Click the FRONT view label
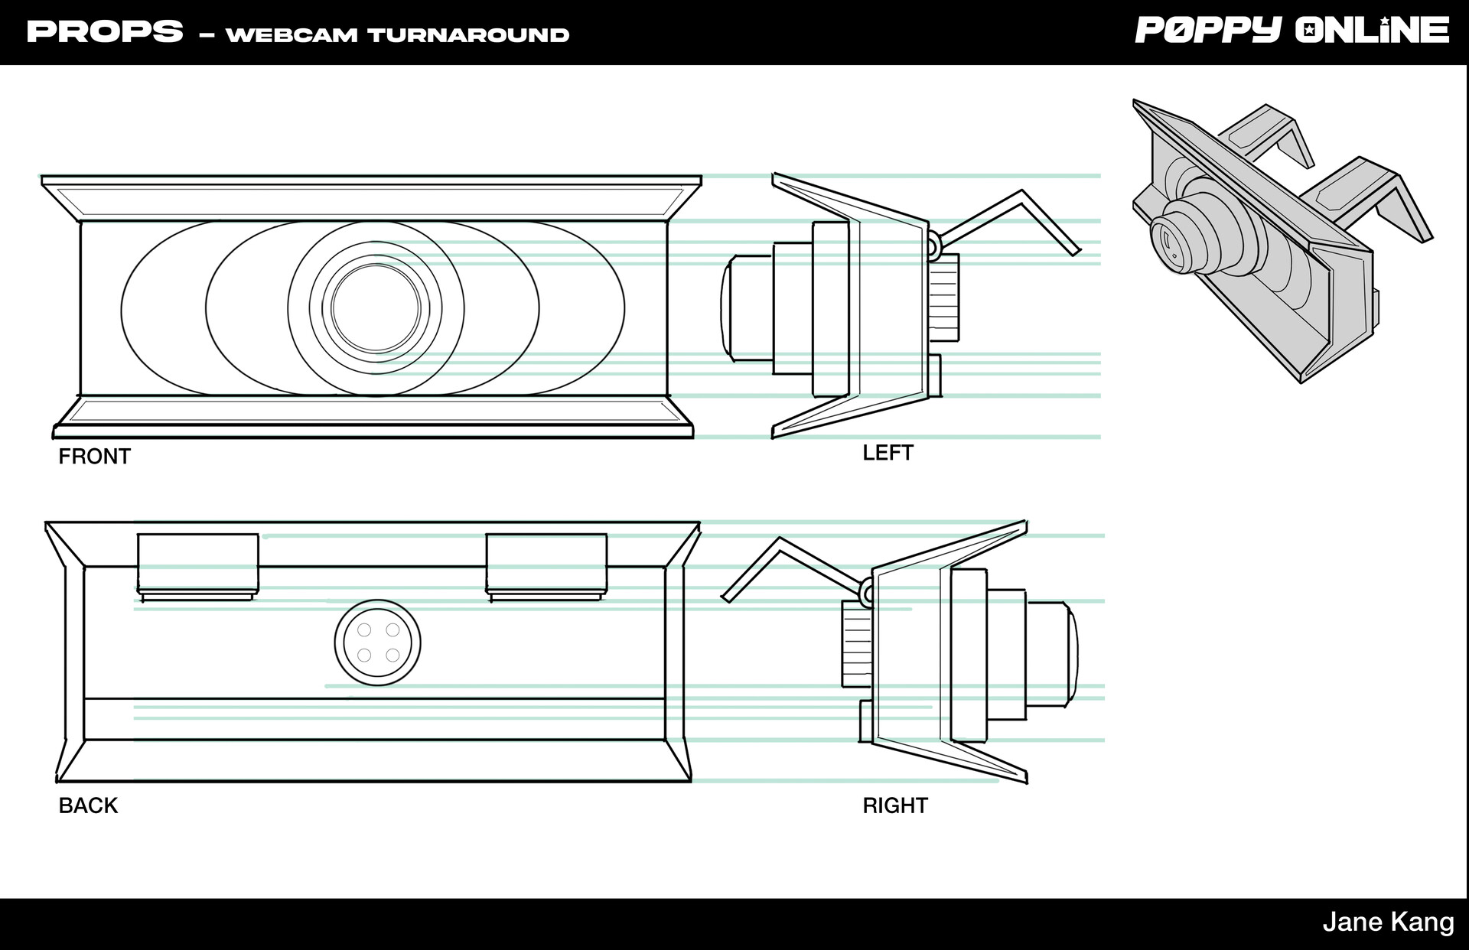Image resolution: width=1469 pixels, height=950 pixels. tap(94, 457)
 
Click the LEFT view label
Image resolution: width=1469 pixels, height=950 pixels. tap(888, 453)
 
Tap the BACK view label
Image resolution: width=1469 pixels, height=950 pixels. tap(88, 805)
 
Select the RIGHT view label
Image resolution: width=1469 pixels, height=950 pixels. tap(894, 805)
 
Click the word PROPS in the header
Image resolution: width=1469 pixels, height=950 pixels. tap(105, 32)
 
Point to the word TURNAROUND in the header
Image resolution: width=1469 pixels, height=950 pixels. tap(468, 35)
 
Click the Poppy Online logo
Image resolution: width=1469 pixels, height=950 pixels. tap(1291, 31)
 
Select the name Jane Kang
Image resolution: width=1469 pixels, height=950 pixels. tap(1388, 922)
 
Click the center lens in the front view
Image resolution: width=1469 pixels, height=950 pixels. tap(376, 308)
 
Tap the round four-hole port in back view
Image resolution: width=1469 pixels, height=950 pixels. tap(377, 643)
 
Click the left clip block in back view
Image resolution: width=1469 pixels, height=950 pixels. tap(197, 564)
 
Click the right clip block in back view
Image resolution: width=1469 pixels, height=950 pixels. tap(546, 564)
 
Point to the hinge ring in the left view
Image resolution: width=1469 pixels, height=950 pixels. tap(933, 245)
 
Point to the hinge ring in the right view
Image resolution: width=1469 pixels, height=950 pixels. tap(866, 592)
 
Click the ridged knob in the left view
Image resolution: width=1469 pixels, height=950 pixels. tap(944, 298)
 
